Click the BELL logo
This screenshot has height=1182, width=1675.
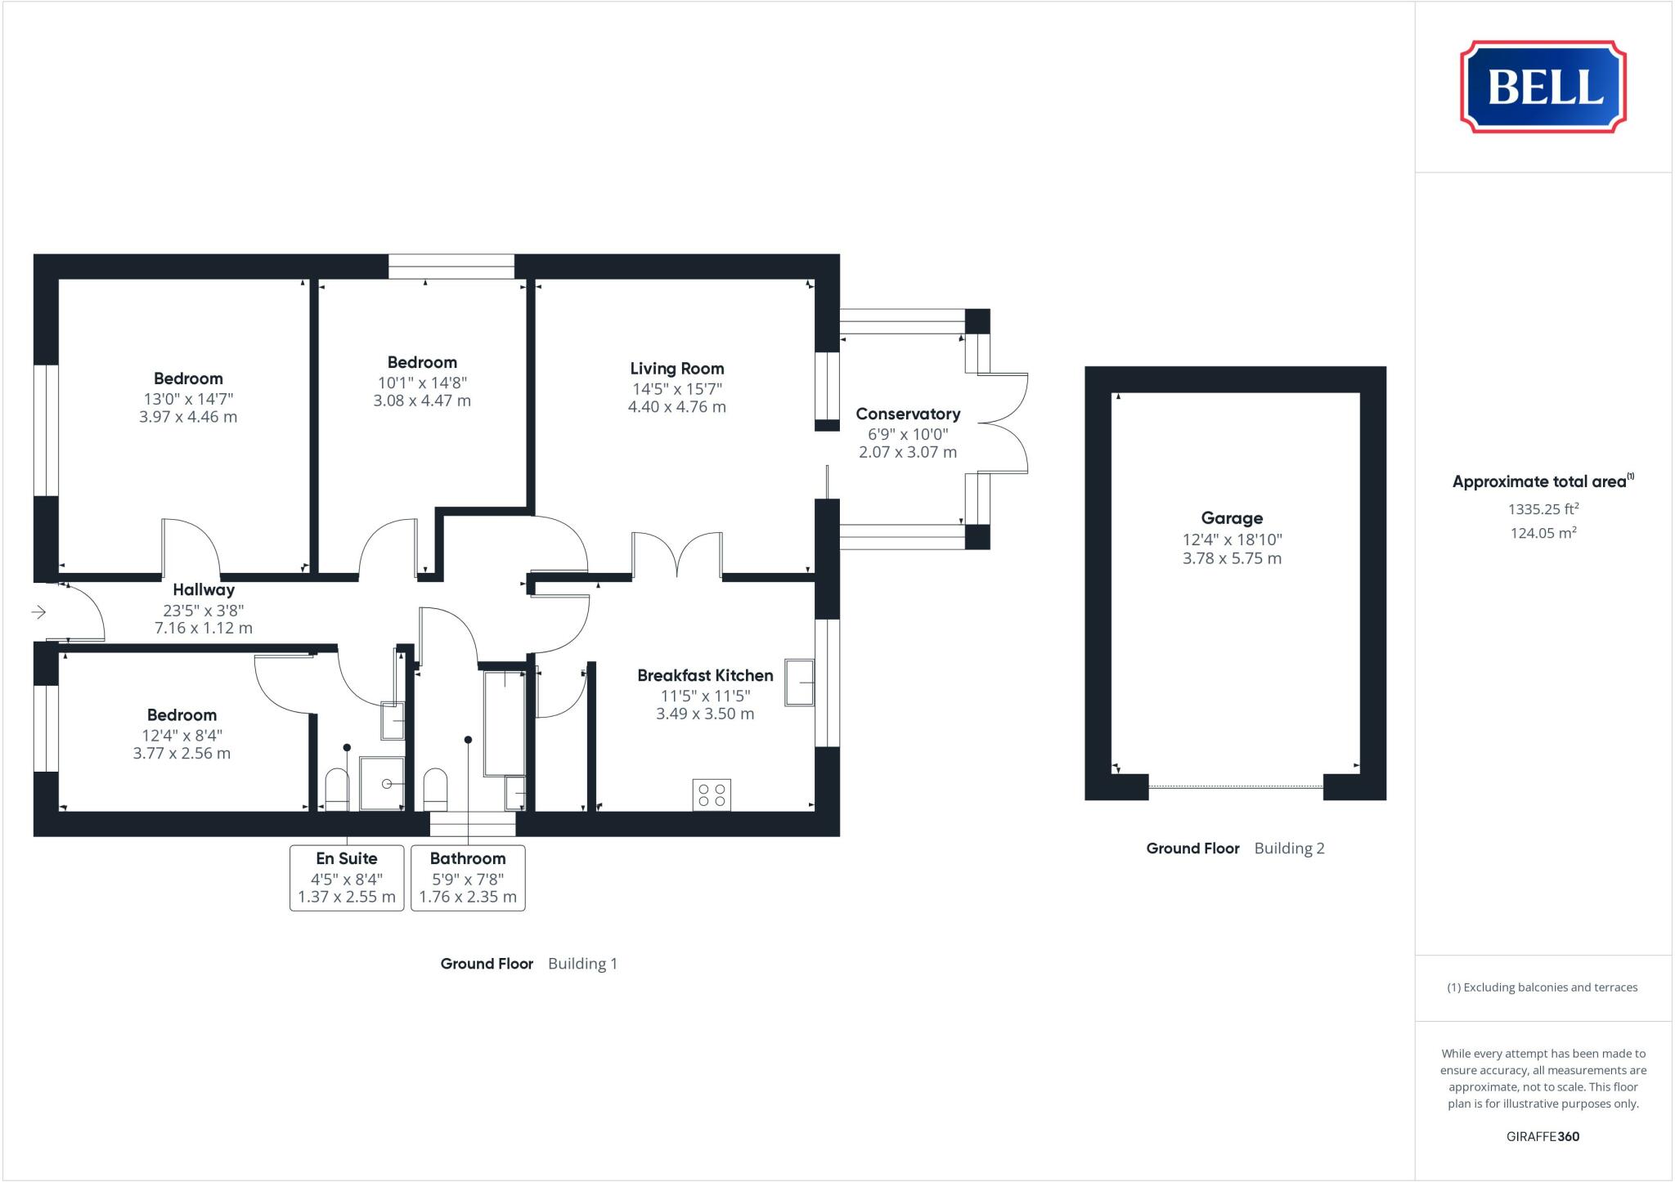click(x=1543, y=87)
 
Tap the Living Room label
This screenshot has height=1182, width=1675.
click(x=676, y=369)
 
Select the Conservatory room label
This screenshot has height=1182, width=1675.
click(x=907, y=414)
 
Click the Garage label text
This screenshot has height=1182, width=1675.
click(x=1232, y=518)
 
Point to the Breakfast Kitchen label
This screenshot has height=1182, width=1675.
click(x=705, y=675)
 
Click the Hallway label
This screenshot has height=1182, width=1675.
click(x=204, y=589)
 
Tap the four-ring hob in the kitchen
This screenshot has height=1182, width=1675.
click(x=712, y=795)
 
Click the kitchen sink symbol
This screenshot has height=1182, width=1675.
click(x=800, y=682)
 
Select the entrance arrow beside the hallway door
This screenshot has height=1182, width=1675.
click(x=38, y=611)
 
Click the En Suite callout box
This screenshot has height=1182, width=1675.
click(x=347, y=877)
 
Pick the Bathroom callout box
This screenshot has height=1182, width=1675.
click(x=468, y=877)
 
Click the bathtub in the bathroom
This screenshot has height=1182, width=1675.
click(x=505, y=723)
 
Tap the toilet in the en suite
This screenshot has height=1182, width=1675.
click(x=337, y=788)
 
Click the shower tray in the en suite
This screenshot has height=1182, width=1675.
click(x=383, y=783)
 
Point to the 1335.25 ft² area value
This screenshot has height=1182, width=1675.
click(x=1543, y=509)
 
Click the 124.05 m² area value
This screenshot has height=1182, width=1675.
click(x=1543, y=533)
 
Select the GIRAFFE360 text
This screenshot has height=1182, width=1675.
click(x=1543, y=1136)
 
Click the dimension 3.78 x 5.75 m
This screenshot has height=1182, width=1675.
click(x=1232, y=558)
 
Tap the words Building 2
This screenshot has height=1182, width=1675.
click(x=1289, y=848)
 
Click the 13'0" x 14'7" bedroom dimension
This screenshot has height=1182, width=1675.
click(x=188, y=399)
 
